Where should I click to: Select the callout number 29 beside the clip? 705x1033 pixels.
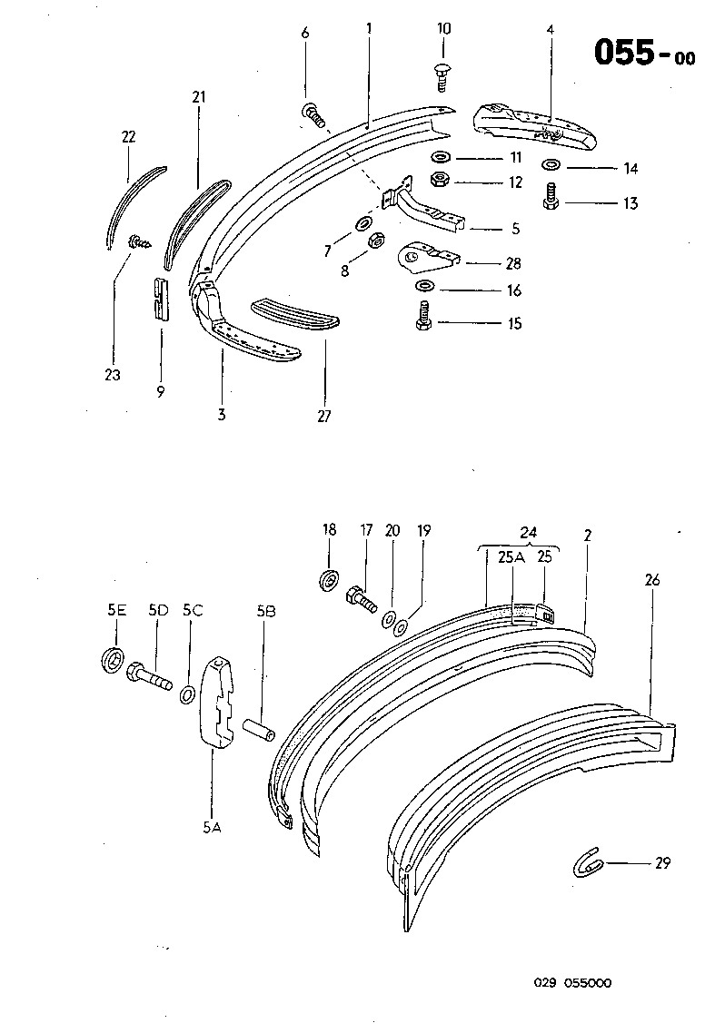[661, 863]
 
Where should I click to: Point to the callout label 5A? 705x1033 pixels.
[211, 827]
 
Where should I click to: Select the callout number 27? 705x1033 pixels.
[324, 417]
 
